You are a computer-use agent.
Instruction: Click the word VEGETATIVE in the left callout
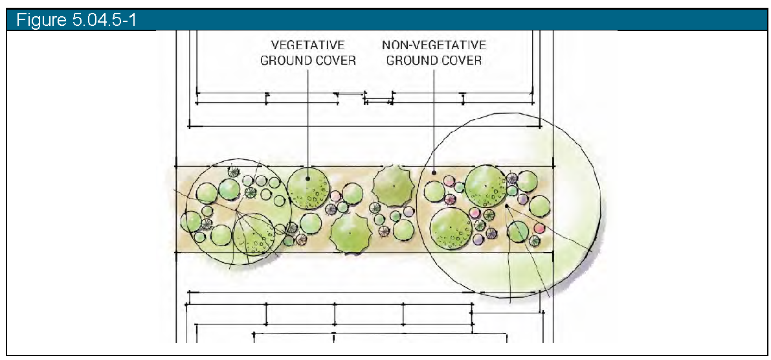[x=307, y=45]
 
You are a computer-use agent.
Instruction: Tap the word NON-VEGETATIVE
[x=434, y=45]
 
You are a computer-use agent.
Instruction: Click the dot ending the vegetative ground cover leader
[x=307, y=179]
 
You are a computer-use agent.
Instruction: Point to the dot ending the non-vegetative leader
[x=434, y=173]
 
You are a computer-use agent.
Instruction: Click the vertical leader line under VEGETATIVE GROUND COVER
[x=307, y=117]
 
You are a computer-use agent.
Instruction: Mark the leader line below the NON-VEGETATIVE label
[x=434, y=117]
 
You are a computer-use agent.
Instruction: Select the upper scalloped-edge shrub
[x=394, y=186]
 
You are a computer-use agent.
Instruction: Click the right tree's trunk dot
[x=506, y=207]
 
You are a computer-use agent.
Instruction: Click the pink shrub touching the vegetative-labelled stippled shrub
[x=335, y=196]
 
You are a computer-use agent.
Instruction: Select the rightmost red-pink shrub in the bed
[x=539, y=228]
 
